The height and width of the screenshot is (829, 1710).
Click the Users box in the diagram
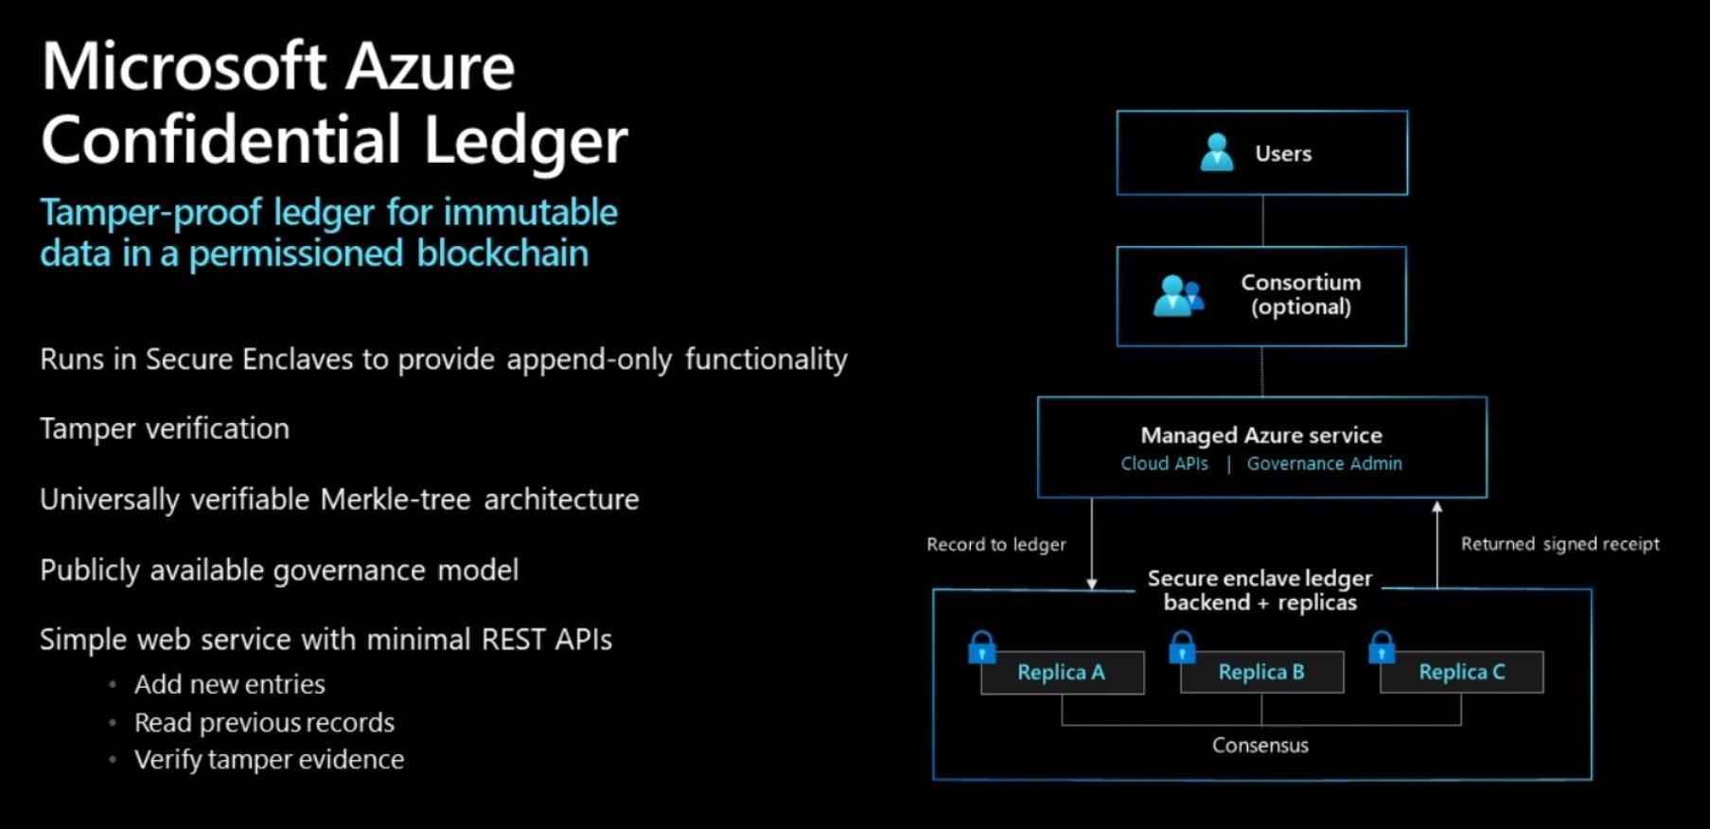coord(1261,153)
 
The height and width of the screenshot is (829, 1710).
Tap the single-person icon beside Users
coord(1217,152)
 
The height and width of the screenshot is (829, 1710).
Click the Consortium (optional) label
coord(1300,294)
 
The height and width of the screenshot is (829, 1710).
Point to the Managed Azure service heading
coord(1260,435)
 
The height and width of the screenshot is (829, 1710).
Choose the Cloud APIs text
coord(1164,464)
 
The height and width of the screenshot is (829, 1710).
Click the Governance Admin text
coord(1324,464)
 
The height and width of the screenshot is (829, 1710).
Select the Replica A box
coord(1062,673)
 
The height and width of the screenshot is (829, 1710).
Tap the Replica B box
coord(1261,673)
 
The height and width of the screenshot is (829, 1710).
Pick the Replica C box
coord(1461,673)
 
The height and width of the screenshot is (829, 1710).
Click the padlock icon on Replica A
coord(982,648)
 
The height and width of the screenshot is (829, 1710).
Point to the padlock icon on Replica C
coord(1382,648)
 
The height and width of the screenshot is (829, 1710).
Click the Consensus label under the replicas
coord(1260,746)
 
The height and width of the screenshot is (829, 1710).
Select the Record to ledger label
coord(996,544)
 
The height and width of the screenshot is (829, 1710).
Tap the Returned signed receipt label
coord(1560,544)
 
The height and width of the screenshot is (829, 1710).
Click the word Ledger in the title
coord(525,140)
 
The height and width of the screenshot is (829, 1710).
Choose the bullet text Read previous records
coord(264,723)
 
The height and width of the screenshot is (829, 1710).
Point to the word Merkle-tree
coord(396,500)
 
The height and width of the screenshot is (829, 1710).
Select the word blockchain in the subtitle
coord(502,254)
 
